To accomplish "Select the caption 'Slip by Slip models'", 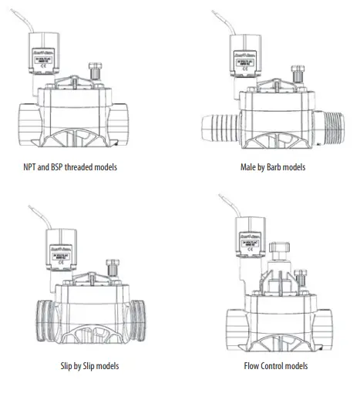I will pos(83,365).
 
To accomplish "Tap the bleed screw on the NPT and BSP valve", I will pos(96,76).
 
